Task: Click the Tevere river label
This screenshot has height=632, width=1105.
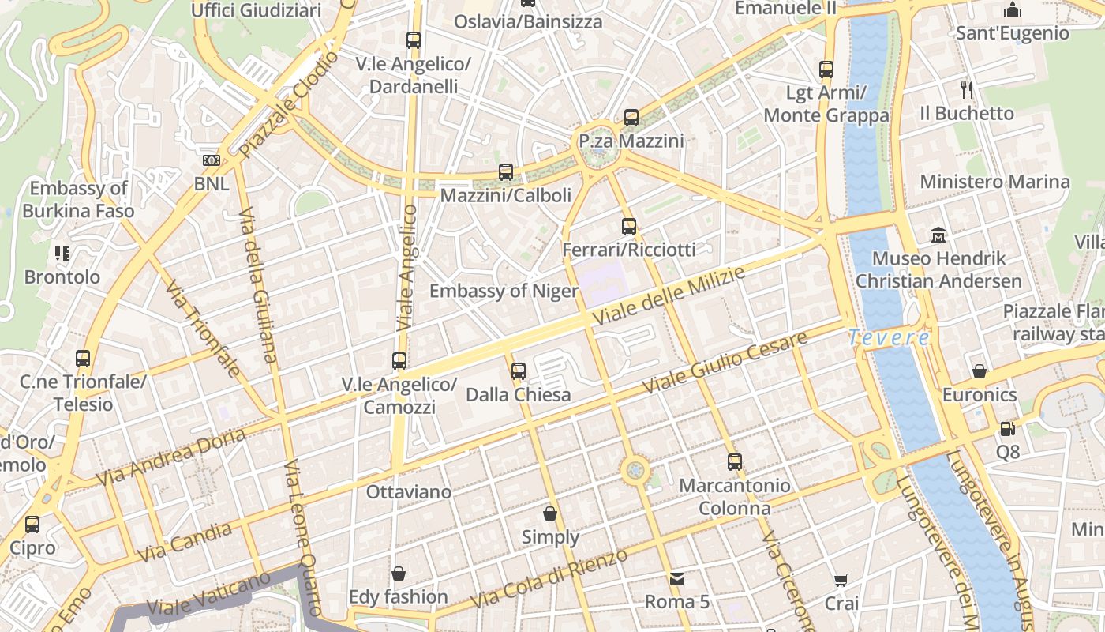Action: (890, 337)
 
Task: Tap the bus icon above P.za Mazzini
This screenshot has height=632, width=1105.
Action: (631, 118)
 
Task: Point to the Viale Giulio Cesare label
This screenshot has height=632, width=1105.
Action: (725, 363)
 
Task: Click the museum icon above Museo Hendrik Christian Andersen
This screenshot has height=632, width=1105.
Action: (938, 235)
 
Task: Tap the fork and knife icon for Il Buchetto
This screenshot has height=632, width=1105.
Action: (966, 89)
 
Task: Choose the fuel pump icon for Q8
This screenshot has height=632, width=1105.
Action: (1007, 429)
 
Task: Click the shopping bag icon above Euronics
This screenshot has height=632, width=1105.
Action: (980, 371)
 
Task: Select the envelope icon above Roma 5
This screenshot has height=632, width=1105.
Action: (676, 579)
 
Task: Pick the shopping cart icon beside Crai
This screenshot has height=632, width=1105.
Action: (841, 581)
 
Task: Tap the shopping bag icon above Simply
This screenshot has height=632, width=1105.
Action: (550, 513)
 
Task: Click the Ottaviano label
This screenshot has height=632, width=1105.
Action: (409, 492)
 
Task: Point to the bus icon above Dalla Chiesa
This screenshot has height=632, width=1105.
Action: (518, 371)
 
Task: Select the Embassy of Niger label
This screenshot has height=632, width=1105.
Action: (504, 291)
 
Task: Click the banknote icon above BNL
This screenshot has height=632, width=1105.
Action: (211, 160)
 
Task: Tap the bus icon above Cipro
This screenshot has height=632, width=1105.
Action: (32, 524)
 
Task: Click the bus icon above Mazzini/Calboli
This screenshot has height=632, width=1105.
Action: (506, 171)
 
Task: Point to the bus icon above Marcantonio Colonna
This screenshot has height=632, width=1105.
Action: (735, 461)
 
